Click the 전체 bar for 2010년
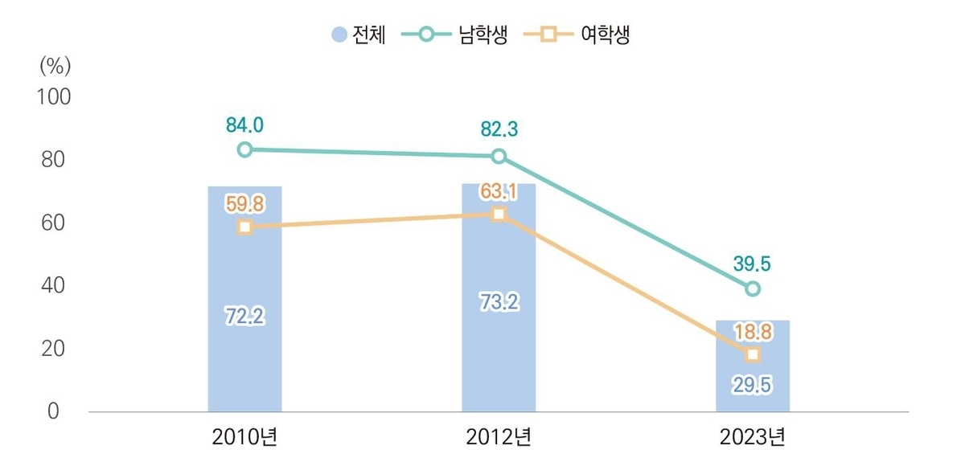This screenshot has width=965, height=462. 244,354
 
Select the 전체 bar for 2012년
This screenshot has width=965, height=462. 499,354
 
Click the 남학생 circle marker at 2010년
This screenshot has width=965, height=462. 244,149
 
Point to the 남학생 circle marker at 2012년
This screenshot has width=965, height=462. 499,156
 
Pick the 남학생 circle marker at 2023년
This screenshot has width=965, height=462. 753,288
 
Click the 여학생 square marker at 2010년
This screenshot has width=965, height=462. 244,227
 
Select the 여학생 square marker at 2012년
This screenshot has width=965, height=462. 499,214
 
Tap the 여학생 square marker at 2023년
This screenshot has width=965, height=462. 753,354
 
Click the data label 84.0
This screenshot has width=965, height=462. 244,125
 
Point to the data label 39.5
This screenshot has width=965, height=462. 753,264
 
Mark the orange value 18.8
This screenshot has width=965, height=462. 753,331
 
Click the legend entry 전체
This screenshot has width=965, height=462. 359,35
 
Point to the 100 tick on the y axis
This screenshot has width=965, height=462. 54,97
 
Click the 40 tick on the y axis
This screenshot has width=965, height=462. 54,285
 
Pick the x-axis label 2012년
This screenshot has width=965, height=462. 499,438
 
